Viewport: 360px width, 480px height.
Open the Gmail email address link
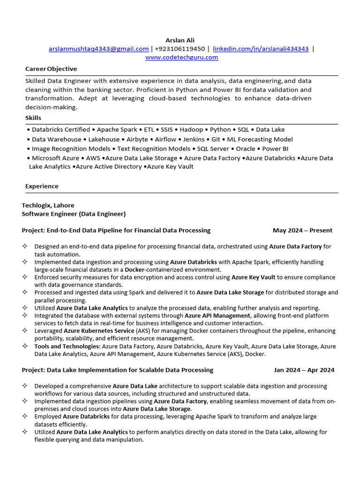[x=98, y=49]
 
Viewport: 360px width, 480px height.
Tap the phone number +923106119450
[x=180, y=49]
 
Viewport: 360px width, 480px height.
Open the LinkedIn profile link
[x=261, y=49]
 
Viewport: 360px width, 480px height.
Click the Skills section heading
[x=33, y=118]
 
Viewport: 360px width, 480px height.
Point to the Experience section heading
[x=42, y=186]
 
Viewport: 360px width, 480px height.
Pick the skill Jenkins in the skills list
[x=194, y=139]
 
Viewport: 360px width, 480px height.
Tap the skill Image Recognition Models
[x=71, y=149]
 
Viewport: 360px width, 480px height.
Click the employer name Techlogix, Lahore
[x=48, y=205]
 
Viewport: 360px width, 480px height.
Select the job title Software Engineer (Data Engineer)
[x=74, y=214]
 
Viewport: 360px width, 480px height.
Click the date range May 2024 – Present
[x=302, y=230]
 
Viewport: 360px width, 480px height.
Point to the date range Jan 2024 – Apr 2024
[x=304, y=370]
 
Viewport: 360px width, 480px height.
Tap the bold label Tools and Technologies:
[x=67, y=346]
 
